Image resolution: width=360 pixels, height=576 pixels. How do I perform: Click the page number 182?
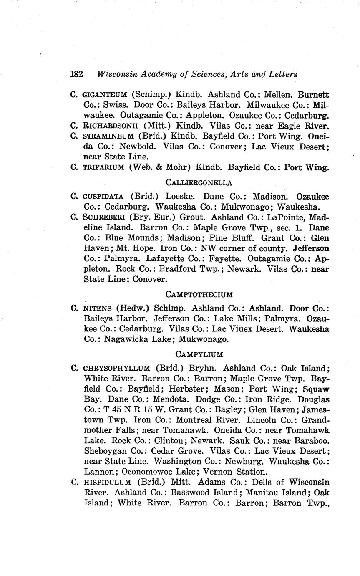coord(77,74)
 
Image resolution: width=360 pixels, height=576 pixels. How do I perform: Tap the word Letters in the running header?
coord(283,74)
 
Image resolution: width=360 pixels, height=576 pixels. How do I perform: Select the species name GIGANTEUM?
coord(105,95)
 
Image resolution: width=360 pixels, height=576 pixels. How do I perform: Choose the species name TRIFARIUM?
coord(104,167)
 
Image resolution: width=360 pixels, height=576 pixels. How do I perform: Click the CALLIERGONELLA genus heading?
coord(199,182)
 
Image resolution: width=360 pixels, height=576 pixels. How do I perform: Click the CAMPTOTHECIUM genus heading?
coord(199,295)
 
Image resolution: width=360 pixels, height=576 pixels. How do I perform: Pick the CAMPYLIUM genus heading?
coord(199,354)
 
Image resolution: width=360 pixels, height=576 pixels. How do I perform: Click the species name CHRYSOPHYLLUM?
coord(117,368)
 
